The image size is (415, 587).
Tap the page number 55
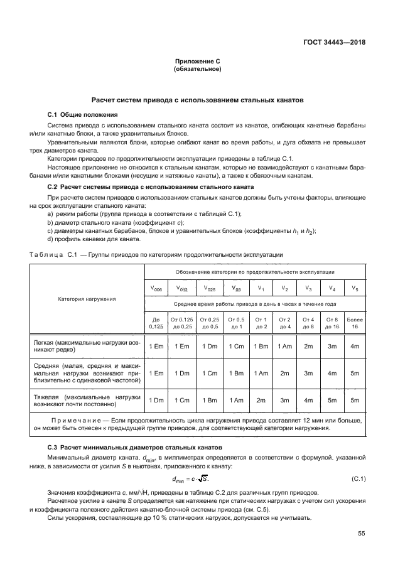pos(361,534)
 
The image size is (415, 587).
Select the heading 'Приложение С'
pos(197,62)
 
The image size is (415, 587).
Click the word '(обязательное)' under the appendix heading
pos(197,69)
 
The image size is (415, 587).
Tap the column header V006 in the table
pos(156,289)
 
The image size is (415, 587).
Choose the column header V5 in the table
pos(355,289)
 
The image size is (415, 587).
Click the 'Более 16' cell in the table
pos(355,323)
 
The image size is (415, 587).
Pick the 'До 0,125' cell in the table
pos(156,323)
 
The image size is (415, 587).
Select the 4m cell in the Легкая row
pos(355,346)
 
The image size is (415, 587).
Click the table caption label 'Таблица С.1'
pos(53,255)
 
